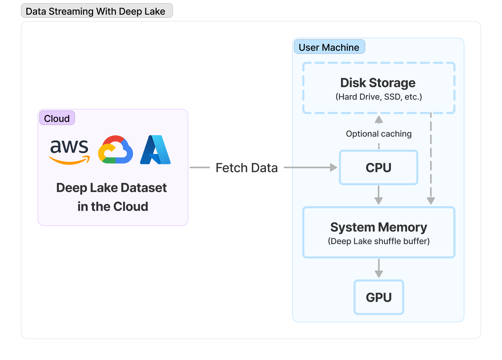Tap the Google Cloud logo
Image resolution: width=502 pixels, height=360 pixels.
pos(116,150)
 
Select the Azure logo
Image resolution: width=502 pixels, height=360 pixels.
pos(155,150)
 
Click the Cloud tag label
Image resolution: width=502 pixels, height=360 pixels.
pos(57,118)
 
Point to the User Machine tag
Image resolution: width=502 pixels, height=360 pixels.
pos(329,47)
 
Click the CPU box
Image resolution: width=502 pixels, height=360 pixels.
pos(378,167)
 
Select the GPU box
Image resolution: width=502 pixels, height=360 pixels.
pos(379,297)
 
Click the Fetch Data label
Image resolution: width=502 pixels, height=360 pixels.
pos(247,168)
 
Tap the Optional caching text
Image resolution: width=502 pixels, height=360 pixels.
pos(379,134)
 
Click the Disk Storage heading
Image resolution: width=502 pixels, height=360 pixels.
pos(378,83)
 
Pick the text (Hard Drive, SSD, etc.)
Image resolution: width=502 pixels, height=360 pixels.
pos(379,97)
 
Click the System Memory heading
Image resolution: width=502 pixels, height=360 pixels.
pos(379,227)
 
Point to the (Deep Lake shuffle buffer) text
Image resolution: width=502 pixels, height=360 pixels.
pos(379,241)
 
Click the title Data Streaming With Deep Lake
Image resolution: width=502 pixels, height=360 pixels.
pos(95,11)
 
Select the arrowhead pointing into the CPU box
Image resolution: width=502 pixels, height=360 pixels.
pos(333,167)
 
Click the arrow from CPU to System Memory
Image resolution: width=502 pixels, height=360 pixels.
pos(379,195)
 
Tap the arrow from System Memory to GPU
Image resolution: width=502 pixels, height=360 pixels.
pos(379,268)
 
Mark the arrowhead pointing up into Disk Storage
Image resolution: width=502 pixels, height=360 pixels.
pos(379,120)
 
